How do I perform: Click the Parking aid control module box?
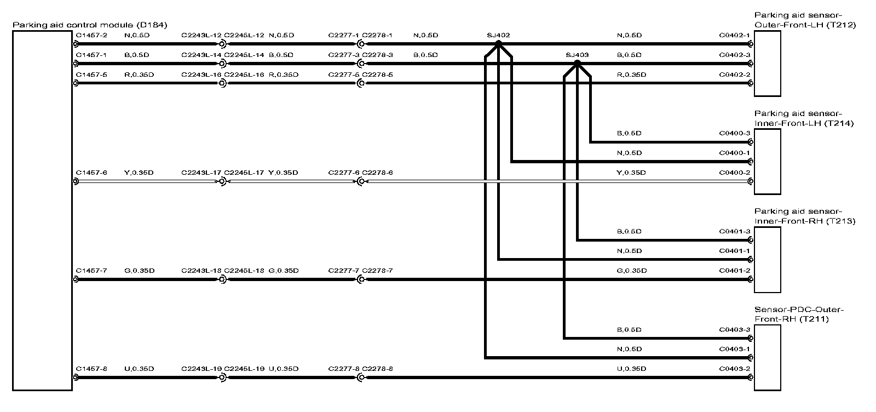42,211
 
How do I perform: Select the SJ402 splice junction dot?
498,44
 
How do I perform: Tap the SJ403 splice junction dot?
577,63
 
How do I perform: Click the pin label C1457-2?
91,36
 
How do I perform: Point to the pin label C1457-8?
91,369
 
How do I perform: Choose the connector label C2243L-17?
201,173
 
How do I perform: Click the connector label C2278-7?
377,271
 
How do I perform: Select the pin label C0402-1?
734,36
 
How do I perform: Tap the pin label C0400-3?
734,133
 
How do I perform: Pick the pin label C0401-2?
734,271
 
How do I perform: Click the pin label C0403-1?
734,349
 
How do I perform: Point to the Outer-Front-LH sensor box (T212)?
767,64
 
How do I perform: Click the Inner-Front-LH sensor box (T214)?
767,162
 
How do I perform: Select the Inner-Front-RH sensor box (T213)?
767,260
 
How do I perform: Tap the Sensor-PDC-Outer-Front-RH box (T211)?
767,357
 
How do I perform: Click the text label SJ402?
498,36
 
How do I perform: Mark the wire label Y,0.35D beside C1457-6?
139,173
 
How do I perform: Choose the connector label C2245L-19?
244,369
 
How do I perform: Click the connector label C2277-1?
344,36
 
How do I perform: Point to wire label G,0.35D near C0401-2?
631,271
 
